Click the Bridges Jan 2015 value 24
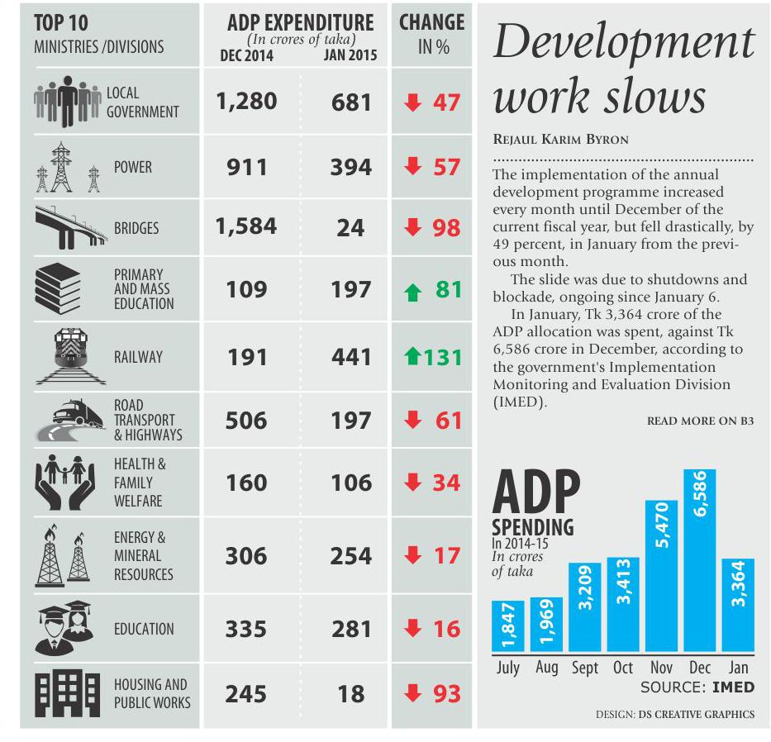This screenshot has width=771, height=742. [x=350, y=228]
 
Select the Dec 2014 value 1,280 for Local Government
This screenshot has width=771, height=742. [x=246, y=102]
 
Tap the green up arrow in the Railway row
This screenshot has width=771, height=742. [x=412, y=355]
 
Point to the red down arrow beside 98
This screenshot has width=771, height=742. [x=412, y=227]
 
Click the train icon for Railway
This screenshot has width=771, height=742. [x=71, y=356]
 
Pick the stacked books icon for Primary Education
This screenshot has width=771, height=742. [x=58, y=288]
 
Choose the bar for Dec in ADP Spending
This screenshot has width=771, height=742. [x=699, y=560]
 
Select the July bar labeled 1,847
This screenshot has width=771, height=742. [x=508, y=626]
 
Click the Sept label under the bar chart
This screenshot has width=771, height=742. [x=584, y=668]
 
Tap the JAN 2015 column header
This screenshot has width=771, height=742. [x=350, y=55]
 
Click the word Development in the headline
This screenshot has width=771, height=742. [x=623, y=41]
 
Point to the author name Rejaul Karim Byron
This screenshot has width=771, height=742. [x=560, y=140]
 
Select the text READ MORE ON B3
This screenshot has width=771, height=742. [x=700, y=421]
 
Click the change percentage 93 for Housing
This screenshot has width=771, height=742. [x=446, y=694]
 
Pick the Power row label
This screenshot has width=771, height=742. [x=133, y=167]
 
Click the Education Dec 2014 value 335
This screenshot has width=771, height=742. [x=246, y=629]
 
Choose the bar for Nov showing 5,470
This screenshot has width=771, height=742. [x=661, y=576]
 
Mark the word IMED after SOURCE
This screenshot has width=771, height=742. [x=733, y=687]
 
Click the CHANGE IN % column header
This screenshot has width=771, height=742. [x=431, y=35]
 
